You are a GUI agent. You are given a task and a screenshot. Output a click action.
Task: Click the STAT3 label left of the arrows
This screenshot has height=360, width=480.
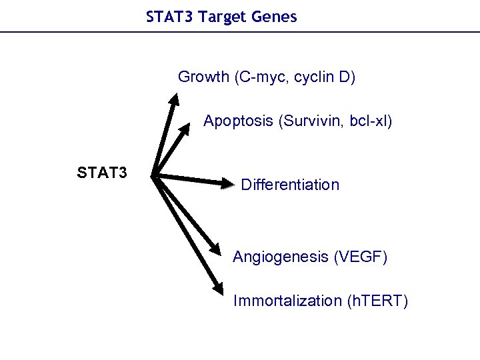tap(102, 174)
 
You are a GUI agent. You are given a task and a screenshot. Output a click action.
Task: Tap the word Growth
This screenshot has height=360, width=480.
tap(203, 77)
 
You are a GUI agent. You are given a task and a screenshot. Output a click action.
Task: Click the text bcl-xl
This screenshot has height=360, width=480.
tap(369, 121)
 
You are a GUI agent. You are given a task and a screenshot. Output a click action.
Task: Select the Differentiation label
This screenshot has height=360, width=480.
tap(290, 185)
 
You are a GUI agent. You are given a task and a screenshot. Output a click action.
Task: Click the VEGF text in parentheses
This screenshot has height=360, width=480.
tap(360, 257)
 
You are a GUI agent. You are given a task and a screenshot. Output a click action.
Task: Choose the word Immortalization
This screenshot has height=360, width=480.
tap(287, 301)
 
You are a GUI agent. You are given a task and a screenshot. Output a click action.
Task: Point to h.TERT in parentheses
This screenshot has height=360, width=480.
tap(378, 301)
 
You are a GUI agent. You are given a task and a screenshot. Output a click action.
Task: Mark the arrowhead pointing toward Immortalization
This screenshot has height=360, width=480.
tap(219, 288)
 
